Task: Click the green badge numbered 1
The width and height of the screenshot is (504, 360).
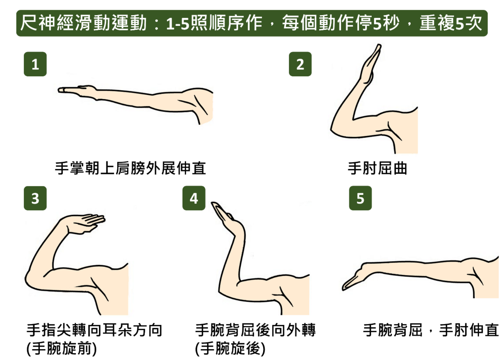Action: tap(35, 64)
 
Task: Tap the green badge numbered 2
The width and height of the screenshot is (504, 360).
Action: tap(300, 64)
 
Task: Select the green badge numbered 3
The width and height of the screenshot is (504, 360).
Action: tap(35, 198)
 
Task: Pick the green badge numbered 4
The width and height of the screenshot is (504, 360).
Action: tap(194, 198)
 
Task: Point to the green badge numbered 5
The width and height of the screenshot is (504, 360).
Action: tap(360, 198)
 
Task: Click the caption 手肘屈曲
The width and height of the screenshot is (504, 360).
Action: tap(377, 168)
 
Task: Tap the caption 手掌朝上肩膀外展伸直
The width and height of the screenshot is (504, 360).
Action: tap(130, 168)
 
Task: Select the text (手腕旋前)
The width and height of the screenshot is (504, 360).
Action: tap(61, 348)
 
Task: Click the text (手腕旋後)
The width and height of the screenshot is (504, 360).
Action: tap(230, 348)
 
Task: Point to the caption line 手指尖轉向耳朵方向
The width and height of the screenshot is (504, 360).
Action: tap(94, 330)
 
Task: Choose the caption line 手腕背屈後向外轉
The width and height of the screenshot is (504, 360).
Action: tap(255, 330)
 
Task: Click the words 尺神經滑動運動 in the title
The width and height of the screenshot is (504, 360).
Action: tap(83, 23)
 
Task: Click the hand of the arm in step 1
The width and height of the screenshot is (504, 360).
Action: tap(76, 90)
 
